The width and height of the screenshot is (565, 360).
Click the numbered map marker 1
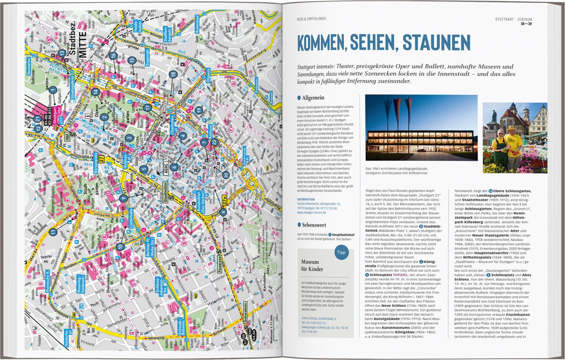[x=53, y=90]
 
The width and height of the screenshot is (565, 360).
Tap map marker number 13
[x=61, y=52]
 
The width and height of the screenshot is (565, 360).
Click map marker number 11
[x=53, y=232]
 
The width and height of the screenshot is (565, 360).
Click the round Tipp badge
[x=341, y=252]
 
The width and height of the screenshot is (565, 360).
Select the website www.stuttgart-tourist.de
[x=311, y=212]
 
